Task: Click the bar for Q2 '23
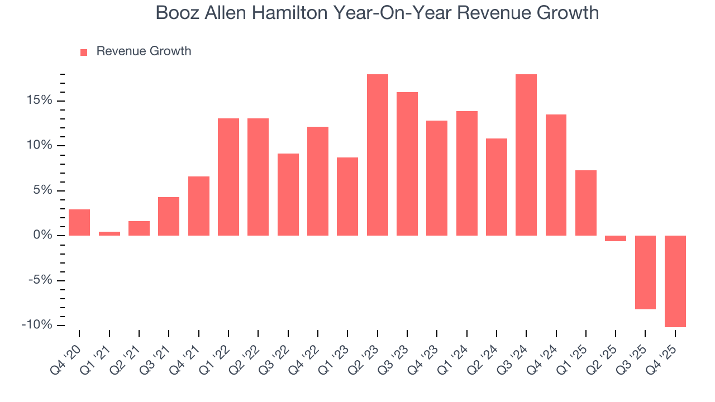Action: pyautogui.click(x=377, y=155)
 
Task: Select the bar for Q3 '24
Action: pyautogui.click(x=526, y=155)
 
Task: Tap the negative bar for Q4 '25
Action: pyautogui.click(x=675, y=281)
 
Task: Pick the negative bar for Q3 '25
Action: pyautogui.click(x=645, y=272)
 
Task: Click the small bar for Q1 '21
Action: pyautogui.click(x=109, y=233)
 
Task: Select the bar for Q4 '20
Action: pyautogui.click(x=79, y=222)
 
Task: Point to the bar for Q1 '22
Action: pyautogui.click(x=228, y=176)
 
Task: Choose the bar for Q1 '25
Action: pyautogui.click(x=586, y=203)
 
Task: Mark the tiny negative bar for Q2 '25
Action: pyautogui.click(x=616, y=238)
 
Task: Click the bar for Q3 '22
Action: pyautogui.click(x=288, y=194)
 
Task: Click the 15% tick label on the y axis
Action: pyautogui.click(x=38, y=100)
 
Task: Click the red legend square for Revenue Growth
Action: pyautogui.click(x=84, y=52)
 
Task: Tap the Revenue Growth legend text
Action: pyautogui.click(x=144, y=51)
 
